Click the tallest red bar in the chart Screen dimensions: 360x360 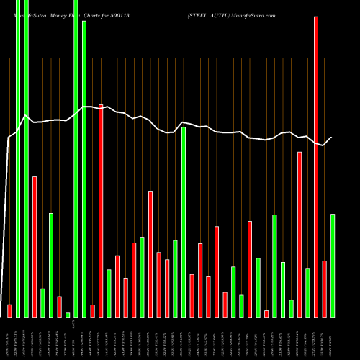[x=316, y=166]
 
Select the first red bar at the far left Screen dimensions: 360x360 [x=9, y=310]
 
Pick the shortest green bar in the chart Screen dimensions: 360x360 [x=68, y=315]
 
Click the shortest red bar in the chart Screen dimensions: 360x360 [x=266, y=313]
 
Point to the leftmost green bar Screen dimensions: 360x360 [x=18, y=158]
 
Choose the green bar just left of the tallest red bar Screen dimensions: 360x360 [x=307, y=292]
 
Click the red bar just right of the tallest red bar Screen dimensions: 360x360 [x=324, y=289]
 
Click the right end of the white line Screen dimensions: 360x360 [x=332, y=138]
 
